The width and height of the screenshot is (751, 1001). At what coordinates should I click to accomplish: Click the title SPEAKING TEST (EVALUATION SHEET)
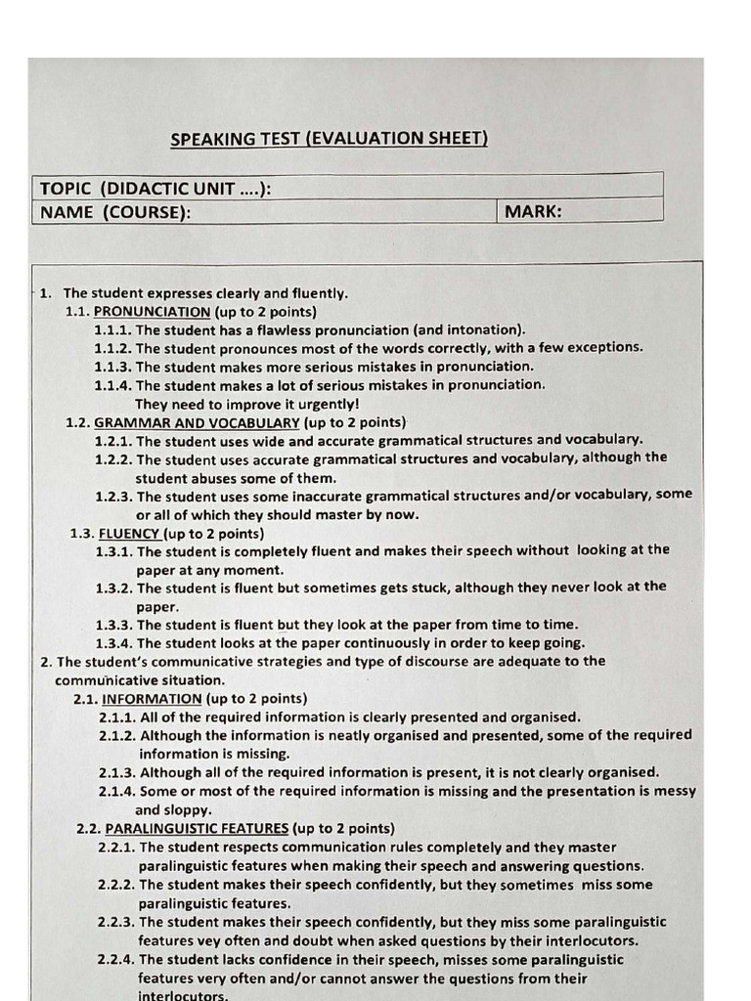pos(329,139)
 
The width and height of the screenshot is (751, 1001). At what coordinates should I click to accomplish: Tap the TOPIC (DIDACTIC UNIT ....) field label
pos(155,189)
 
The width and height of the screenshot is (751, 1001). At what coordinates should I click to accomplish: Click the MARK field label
pos(533,211)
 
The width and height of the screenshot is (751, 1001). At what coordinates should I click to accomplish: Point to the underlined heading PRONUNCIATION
pos(152,312)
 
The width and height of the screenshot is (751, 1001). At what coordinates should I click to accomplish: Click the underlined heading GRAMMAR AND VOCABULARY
pos(197,423)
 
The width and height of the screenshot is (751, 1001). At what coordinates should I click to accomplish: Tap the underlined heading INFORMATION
pos(152,699)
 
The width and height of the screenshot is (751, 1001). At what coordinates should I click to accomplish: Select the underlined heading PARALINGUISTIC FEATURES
pos(197,829)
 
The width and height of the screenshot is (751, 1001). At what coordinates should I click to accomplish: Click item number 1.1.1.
pos(113,330)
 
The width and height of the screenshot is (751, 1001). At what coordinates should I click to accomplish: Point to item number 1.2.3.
pos(114,497)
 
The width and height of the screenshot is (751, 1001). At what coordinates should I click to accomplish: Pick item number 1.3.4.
pos(114,643)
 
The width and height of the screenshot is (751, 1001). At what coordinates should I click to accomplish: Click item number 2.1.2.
pos(117,735)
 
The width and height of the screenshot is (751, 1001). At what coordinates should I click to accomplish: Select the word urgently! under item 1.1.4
pos(327,404)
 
